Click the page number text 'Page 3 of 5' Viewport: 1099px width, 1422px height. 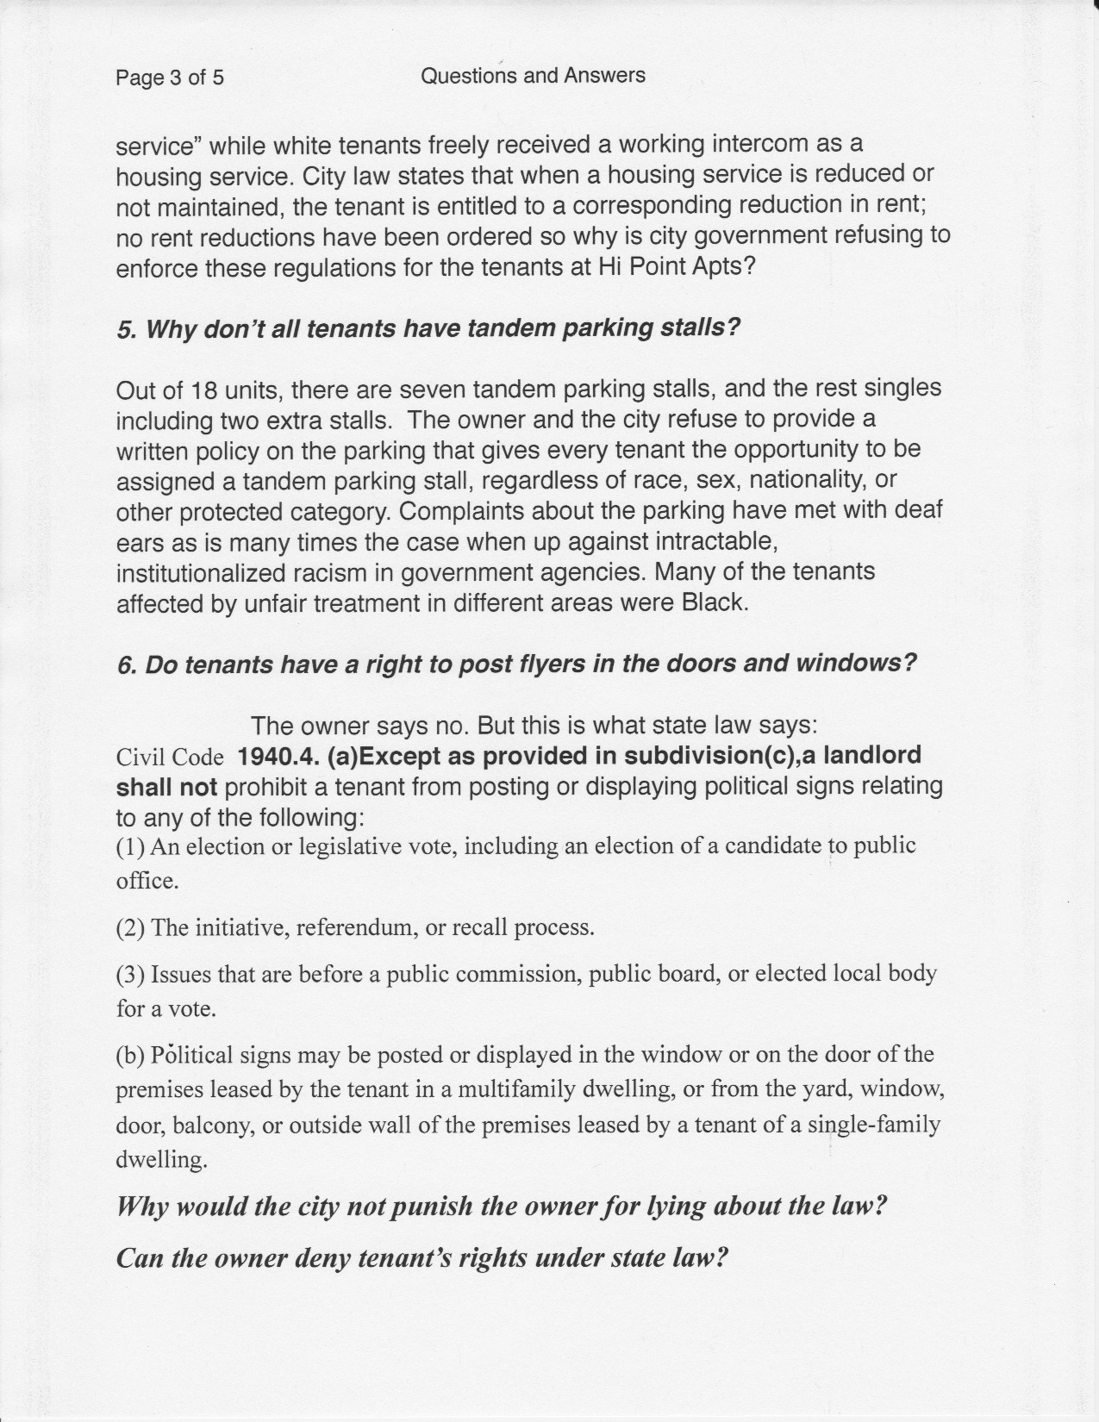(x=170, y=78)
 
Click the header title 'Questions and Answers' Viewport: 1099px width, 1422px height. (x=533, y=76)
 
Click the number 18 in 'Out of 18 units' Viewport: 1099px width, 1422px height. (x=202, y=390)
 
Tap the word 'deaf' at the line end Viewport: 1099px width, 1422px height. (x=919, y=510)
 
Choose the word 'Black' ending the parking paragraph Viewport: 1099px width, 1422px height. (x=713, y=602)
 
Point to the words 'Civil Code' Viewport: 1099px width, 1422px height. (x=170, y=757)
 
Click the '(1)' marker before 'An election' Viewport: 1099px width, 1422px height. (x=131, y=846)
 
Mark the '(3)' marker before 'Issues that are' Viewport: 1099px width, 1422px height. (x=131, y=974)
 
